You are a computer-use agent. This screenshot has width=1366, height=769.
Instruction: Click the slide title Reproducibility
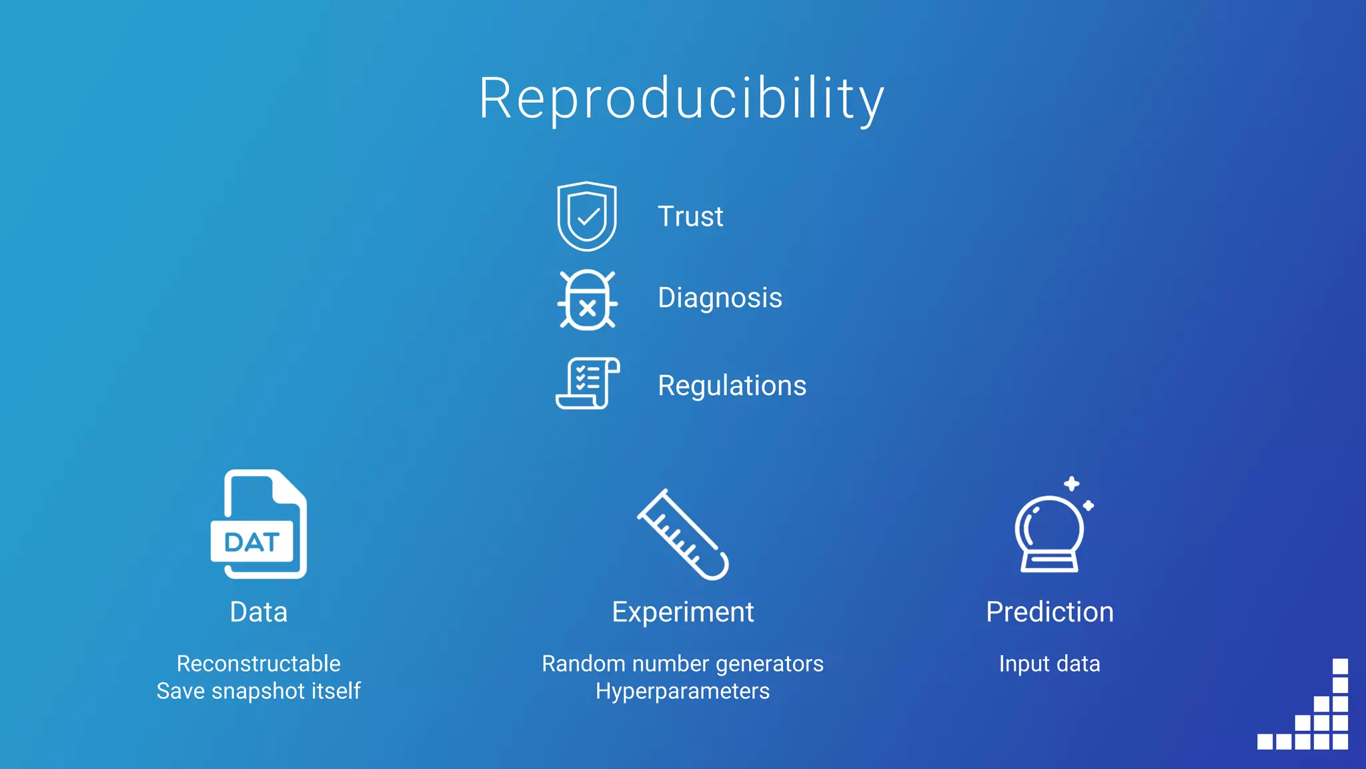[682, 99]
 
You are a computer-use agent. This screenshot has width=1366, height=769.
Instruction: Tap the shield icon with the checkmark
[587, 216]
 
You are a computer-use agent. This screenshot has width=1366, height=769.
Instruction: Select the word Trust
[690, 216]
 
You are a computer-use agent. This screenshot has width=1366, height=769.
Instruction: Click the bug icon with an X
[587, 300]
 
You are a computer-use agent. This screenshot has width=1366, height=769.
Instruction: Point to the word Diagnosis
[720, 298]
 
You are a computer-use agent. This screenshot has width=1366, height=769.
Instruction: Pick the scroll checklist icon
[588, 383]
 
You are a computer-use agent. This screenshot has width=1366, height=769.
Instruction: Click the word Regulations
[732, 386]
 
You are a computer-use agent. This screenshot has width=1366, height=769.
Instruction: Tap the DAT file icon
[259, 525]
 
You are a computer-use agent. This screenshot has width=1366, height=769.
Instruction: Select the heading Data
[258, 612]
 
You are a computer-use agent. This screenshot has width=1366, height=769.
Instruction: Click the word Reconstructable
[258, 664]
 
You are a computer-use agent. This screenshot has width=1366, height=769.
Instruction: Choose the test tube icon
[683, 535]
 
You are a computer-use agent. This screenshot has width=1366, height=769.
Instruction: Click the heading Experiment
[682, 612]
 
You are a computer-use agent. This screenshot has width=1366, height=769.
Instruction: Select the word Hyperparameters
[682, 691]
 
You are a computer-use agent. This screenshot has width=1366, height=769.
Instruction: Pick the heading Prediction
[1049, 612]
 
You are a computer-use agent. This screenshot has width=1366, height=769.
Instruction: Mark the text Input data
[1049, 664]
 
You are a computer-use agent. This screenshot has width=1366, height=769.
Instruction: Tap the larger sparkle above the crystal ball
[1071, 484]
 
